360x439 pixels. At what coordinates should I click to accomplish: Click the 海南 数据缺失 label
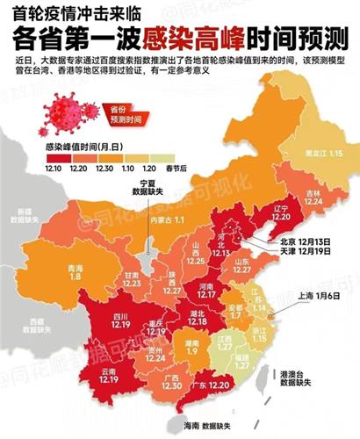click(205, 426)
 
